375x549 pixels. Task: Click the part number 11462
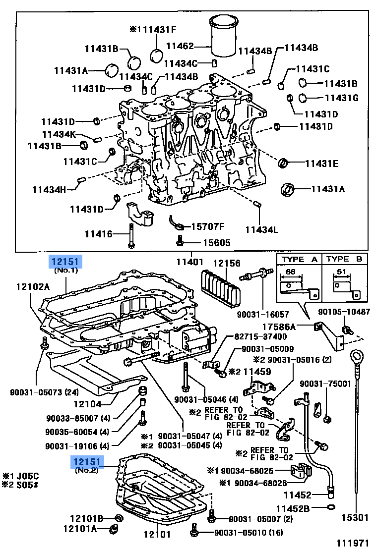[x=179, y=46]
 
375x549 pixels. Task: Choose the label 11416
[x=99, y=233]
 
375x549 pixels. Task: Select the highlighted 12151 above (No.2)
[x=87, y=462]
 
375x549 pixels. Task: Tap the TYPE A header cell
[x=300, y=259]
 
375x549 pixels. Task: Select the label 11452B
[x=293, y=508]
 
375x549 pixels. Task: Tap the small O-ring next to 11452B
[x=330, y=507]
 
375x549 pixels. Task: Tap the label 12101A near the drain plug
[x=79, y=529]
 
